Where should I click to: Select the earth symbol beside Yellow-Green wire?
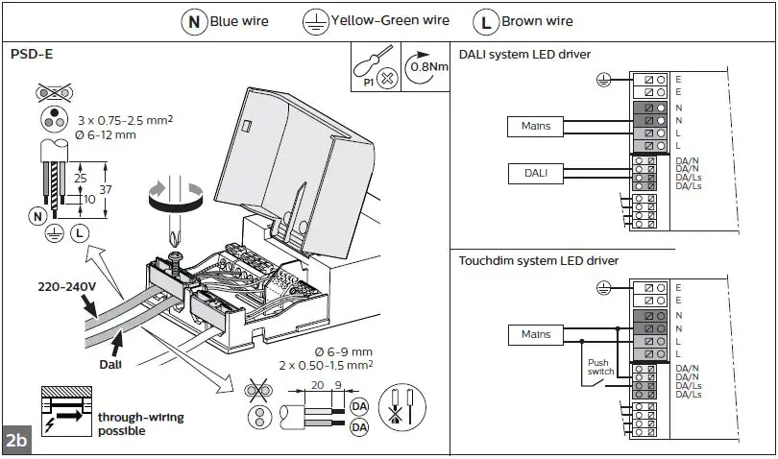pyautogui.click(x=315, y=20)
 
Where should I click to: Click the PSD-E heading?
pyautogui.click(x=32, y=55)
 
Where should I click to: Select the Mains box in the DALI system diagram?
pyautogui.click(x=536, y=126)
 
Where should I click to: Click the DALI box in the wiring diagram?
pyautogui.click(x=536, y=172)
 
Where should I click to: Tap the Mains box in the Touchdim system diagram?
pyautogui.click(x=536, y=334)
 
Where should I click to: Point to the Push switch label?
pyautogui.click(x=599, y=368)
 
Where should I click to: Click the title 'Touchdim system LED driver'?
pyautogui.click(x=538, y=260)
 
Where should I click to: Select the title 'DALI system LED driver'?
pyautogui.click(x=524, y=54)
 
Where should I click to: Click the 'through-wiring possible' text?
pyautogui.click(x=140, y=423)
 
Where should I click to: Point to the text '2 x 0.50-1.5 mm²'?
pyautogui.click(x=328, y=365)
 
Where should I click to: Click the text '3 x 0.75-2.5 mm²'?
pyautogui.click(x=125, y=119)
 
